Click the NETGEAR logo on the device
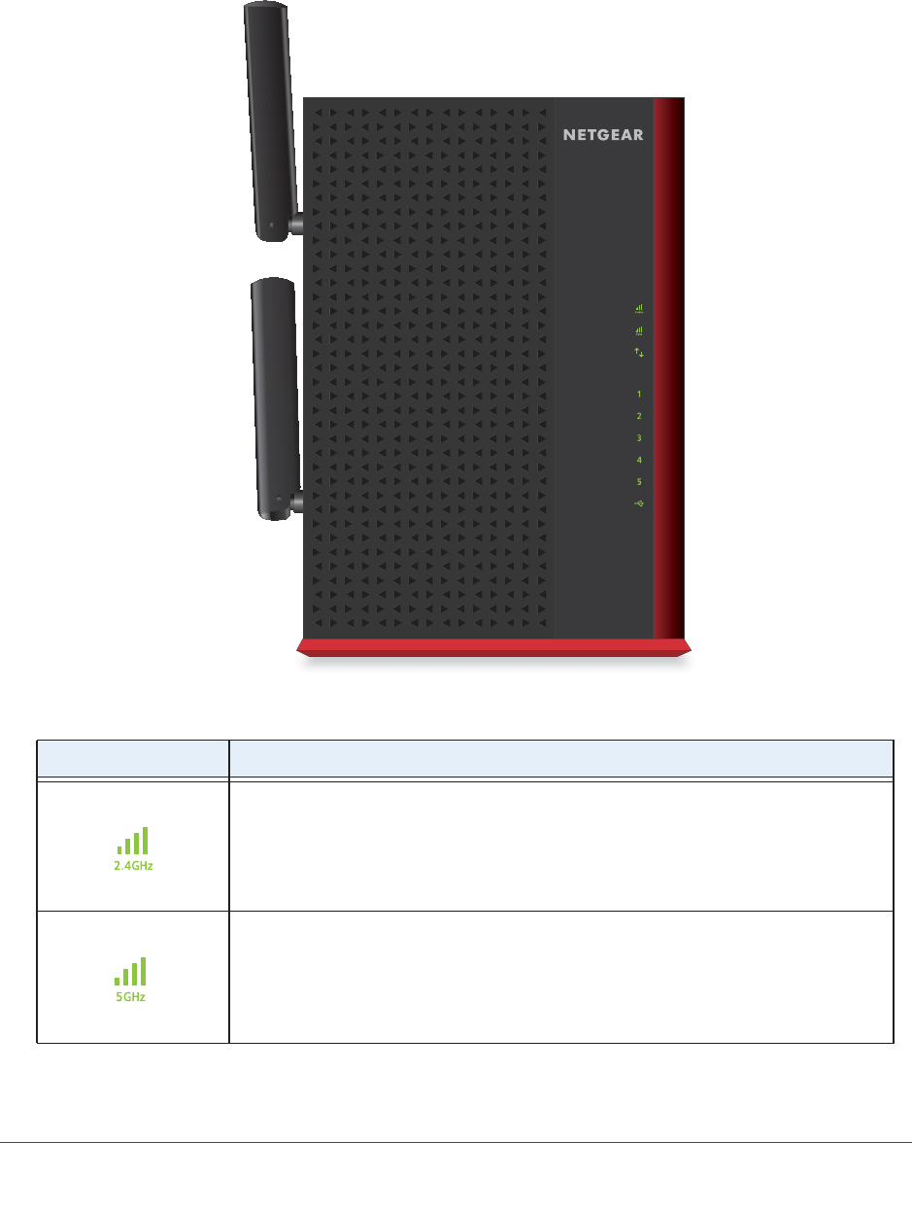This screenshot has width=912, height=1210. (x=603, y=135)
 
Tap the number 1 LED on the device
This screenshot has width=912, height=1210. (x=639, y=395)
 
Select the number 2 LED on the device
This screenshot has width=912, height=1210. (x=639, y=416)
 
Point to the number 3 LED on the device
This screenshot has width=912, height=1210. (x=639, y=438)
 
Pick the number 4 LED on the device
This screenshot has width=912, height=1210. (x=639, y=460)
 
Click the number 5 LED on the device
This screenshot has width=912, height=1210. (x=639, y=481)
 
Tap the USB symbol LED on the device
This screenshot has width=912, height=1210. (x=639, y=502)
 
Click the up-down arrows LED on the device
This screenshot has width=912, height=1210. (x=639, y=353)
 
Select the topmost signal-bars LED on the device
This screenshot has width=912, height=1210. (x=639, y=310)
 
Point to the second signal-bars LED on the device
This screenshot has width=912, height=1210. (x=639, y=331)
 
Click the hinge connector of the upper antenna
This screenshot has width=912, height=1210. (x=297, y=225)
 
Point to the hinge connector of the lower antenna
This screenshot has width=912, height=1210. (x=297, y=501)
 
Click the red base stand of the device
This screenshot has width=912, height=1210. (x=493, y=646)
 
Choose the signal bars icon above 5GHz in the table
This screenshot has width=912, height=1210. (x=130, y=971)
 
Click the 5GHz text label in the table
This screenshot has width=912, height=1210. (x=130, y=997)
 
